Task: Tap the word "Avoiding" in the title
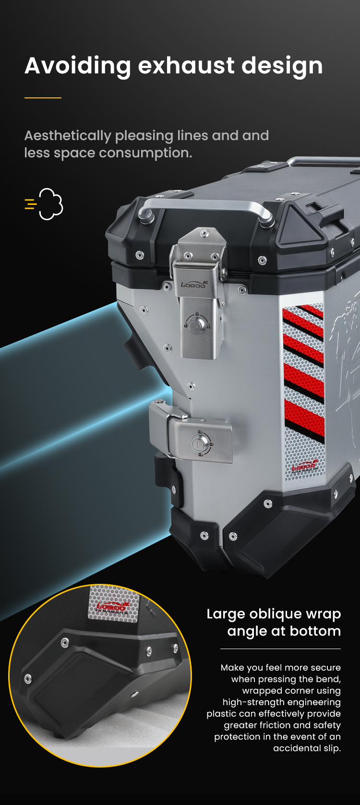pyautogui.click(x=78, y=66)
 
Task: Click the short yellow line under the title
pyautogui.click(x=43, y=97)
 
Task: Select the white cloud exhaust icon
pyautogui.click(x=51, y=204)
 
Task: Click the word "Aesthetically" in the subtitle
pyautogui.click(x=68, y=136)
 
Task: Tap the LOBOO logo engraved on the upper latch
pyautogui.click(x=194, y=284)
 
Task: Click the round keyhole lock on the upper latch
pyautogui.click(x=197, y=324)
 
